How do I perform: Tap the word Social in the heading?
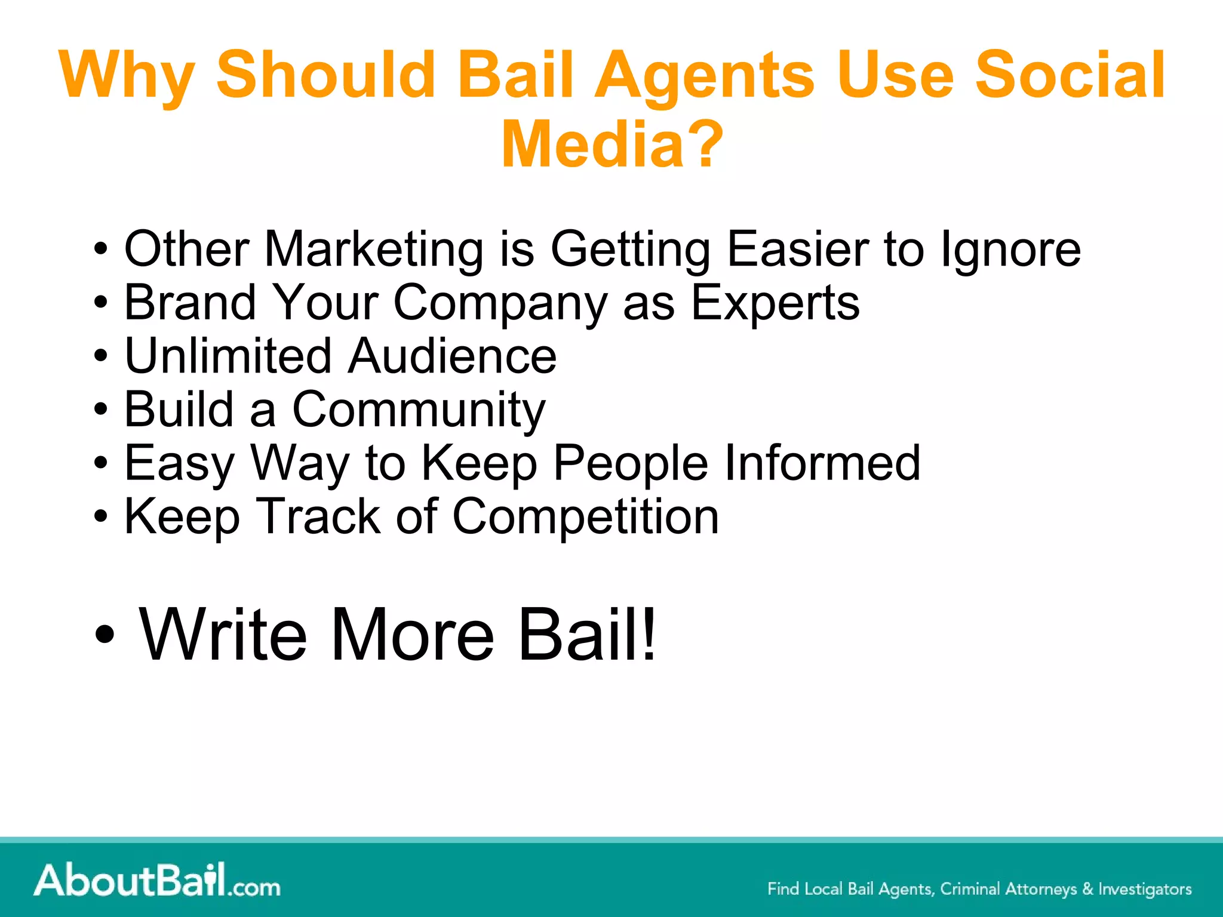(x=1069, y=75)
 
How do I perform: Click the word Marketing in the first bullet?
(x=373, y=250)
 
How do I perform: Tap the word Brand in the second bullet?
(x=190, y=302)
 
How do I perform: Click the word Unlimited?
(x=228, y=356)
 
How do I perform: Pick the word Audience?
(x=452, y=356)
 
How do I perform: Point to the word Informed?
(x=822, y=463)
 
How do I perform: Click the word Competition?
(x=585, y=516)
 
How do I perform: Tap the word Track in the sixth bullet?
(x=318, y=516)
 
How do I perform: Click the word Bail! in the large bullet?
(x=587, y=634)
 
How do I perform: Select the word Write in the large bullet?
(x=223, y=634)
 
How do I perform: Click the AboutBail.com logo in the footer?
(x=157, y=880)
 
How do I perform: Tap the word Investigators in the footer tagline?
(x=1145, y=889)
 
